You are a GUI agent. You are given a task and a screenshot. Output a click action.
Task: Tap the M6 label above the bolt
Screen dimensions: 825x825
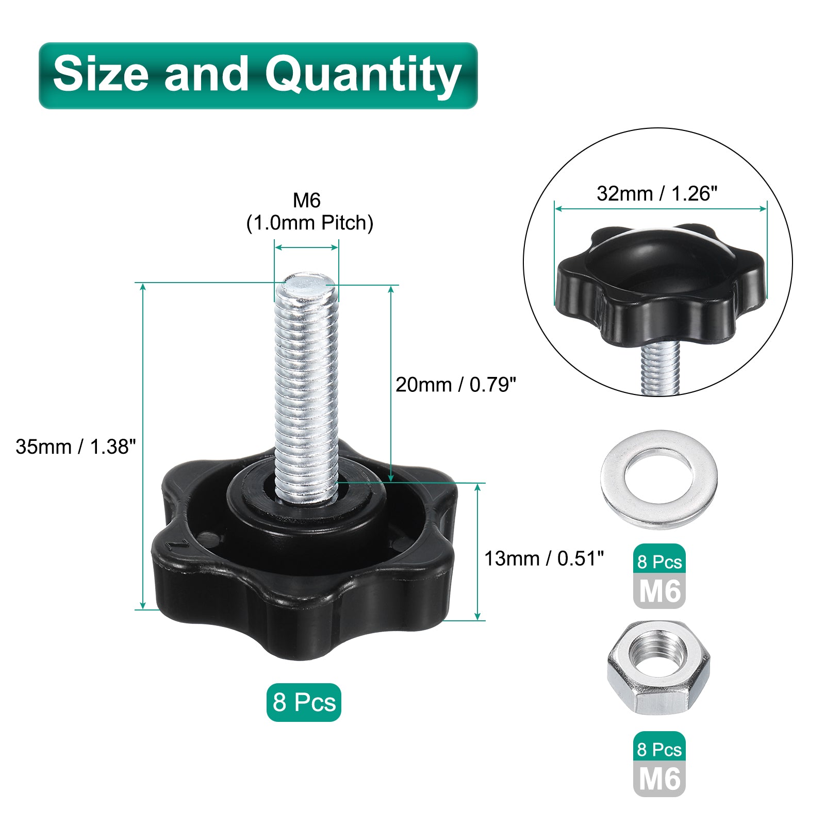pos(307,200)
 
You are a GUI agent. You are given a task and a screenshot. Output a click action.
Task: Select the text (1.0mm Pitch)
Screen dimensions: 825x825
pos(310,223)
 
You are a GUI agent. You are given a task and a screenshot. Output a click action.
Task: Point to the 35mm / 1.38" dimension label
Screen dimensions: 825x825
pos(76,447)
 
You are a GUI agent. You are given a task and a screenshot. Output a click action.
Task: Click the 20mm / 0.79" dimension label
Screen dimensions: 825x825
pos(456,385)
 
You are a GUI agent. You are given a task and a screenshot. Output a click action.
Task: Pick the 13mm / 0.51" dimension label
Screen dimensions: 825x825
pos(544,558)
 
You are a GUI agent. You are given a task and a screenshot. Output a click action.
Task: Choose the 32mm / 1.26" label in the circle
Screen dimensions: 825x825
pos(657,194)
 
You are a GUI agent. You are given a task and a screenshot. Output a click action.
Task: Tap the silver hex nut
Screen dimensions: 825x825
pos(658,667)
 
